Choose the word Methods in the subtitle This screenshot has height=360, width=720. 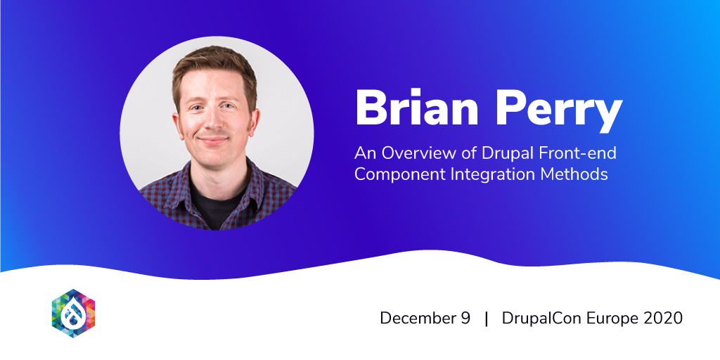click(574, 175)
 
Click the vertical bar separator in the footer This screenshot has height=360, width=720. click(487, 319)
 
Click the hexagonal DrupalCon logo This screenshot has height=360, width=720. click(73, 313)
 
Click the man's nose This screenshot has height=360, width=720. click(212, 120)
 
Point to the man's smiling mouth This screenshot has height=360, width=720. click(213, 139)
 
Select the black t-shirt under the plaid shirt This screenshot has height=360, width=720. click(217, 202)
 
